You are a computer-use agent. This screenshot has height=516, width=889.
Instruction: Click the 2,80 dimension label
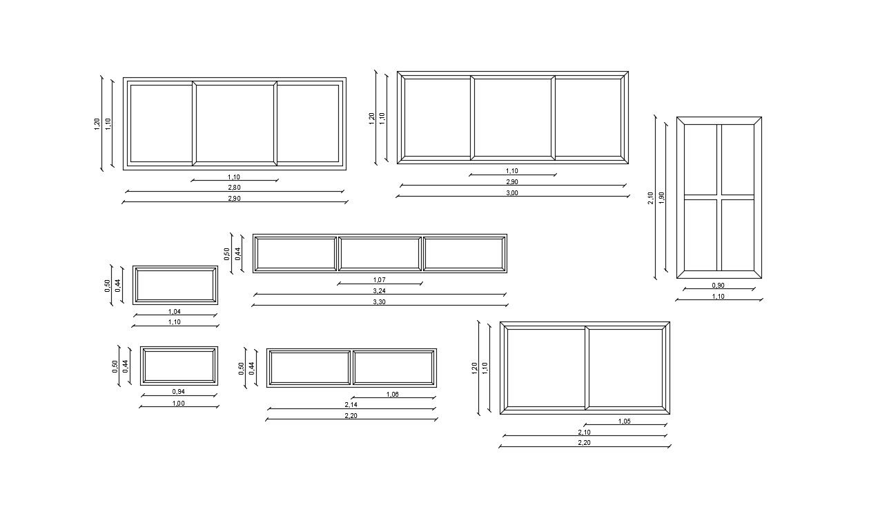234,188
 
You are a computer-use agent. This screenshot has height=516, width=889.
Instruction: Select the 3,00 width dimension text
511,193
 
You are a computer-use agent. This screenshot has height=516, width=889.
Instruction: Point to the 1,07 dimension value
379,280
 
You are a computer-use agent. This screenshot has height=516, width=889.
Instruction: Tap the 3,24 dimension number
379,291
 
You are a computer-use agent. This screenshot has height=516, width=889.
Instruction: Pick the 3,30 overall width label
379,302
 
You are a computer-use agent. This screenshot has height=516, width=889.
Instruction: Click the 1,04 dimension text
175,312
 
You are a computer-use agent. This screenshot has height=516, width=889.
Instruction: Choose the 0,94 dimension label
178,392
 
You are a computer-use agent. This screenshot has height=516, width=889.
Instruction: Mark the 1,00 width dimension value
178,404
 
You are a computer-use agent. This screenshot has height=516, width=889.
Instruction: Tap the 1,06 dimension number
392,395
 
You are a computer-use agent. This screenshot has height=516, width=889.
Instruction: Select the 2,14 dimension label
351,405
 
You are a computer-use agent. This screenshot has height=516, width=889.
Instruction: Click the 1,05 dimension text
624,421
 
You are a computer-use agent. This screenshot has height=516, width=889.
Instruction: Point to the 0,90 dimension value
718,286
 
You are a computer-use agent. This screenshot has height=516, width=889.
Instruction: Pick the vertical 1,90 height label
661,197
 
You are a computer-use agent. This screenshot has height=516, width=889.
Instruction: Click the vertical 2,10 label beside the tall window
651,198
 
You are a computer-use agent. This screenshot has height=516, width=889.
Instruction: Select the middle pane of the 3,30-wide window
380,254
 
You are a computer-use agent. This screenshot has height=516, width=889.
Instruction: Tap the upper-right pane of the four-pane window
738,159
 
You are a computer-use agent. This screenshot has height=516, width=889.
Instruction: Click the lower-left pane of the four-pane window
701,235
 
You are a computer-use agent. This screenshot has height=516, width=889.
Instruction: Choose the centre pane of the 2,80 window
235,123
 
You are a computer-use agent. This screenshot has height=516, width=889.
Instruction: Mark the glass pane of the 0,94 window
179,366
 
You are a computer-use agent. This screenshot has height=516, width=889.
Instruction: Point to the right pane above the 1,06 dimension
393,367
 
